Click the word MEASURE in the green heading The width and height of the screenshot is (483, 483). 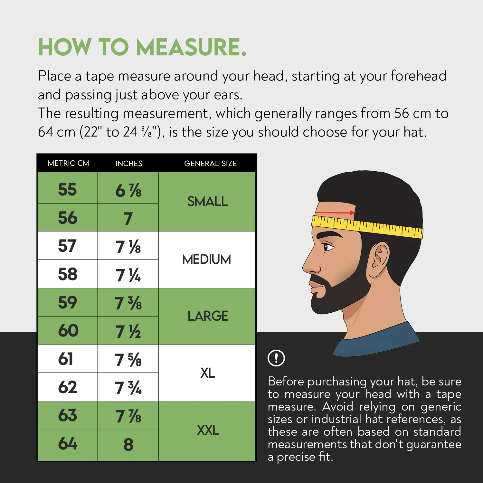(191, 47)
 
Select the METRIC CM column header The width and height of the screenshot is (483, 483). (68, 163)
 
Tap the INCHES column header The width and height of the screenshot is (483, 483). (129, 164)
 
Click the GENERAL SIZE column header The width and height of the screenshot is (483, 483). (210, 164)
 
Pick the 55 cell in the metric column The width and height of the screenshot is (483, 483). (67, 189)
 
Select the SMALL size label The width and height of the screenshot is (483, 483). (207, 202)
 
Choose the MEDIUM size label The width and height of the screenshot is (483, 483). (207, 260)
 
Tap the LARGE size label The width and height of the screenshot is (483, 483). (208, 316)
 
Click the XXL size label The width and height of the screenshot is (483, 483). (208, 430)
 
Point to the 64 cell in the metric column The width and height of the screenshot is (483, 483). (68, 444)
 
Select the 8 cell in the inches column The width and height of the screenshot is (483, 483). (128, 445)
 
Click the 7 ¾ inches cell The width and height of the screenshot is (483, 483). (128, 388)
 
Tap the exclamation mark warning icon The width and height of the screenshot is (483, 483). (276, 358)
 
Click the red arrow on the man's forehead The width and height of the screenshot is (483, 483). (335, 213)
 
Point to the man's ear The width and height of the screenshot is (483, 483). (379, 260)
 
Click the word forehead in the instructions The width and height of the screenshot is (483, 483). (419, 76)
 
